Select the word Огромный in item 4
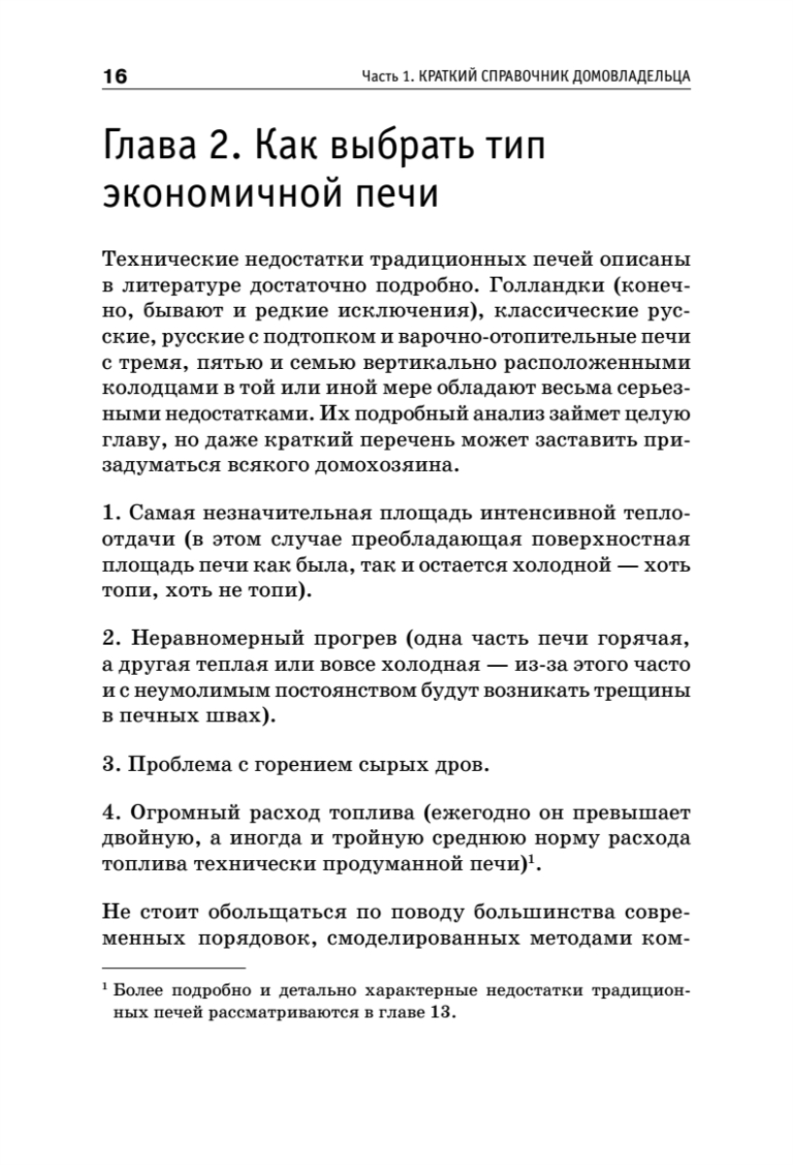pyautogui.click(x=179, y=815)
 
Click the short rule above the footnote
pyautogui.click(x=174, y=968)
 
